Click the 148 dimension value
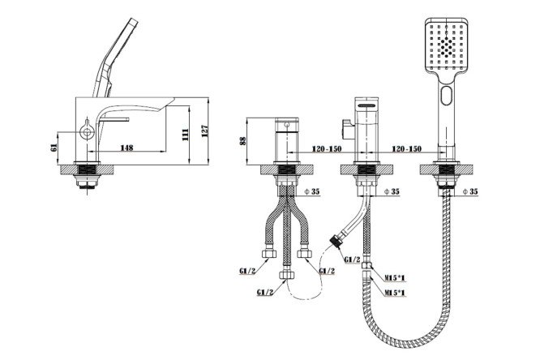point(126,148)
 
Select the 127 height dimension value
point(205,131)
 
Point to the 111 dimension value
point(186,135)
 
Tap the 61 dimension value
point(54,148)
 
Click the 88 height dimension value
point(243,140)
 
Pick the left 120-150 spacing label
point(327,149)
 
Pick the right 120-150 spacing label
point(406,149)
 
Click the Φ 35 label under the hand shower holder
point(470,191)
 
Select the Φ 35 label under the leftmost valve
point(312,191)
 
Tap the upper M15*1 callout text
point(395,277)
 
